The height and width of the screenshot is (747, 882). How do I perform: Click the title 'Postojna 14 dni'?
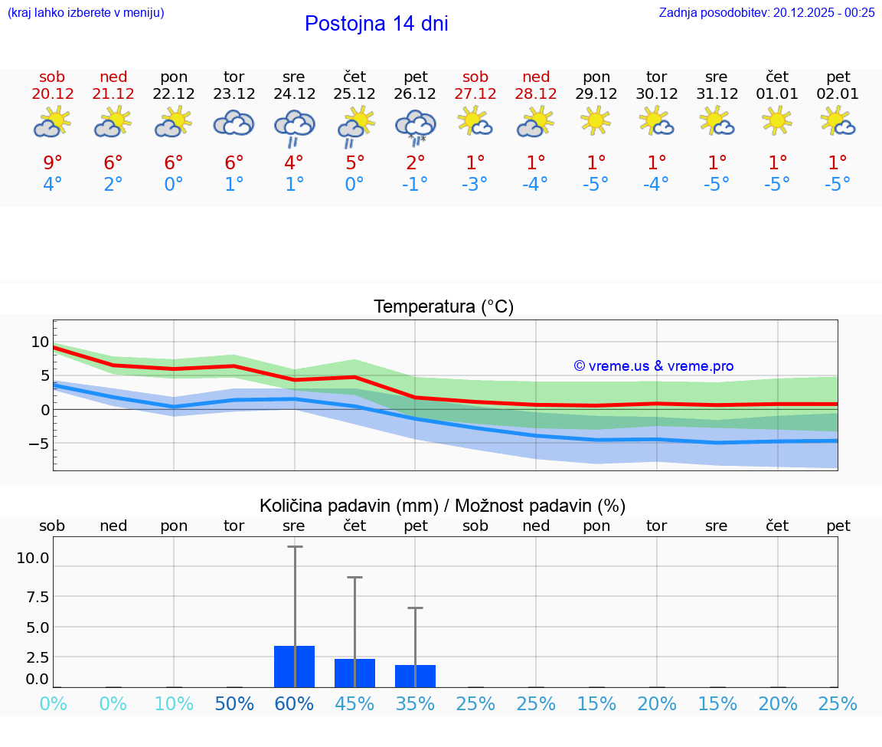376,24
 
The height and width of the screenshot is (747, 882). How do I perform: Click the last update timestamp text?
766,12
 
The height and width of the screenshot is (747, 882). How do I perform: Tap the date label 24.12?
294,94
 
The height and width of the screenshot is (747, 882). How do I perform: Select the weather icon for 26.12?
415,126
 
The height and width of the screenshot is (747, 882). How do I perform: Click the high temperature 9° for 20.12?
53,162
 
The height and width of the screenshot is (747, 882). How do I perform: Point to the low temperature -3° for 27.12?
475,184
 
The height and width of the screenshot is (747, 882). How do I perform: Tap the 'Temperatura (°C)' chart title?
443,307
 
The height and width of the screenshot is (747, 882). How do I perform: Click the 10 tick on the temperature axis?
40,342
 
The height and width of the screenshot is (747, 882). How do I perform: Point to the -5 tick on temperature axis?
38,444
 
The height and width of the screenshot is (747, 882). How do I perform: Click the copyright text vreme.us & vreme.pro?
653,366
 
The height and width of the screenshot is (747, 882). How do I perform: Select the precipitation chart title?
443,506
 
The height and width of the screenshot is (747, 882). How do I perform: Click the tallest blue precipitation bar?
294,666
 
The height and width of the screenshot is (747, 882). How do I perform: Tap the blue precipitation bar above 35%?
415,676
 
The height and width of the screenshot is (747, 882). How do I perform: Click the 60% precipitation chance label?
294,703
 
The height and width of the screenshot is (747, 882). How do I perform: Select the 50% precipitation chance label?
234,703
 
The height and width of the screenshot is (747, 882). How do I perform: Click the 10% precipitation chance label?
174,703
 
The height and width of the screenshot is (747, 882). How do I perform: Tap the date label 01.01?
777,94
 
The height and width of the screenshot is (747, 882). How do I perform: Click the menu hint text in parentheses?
86,12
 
